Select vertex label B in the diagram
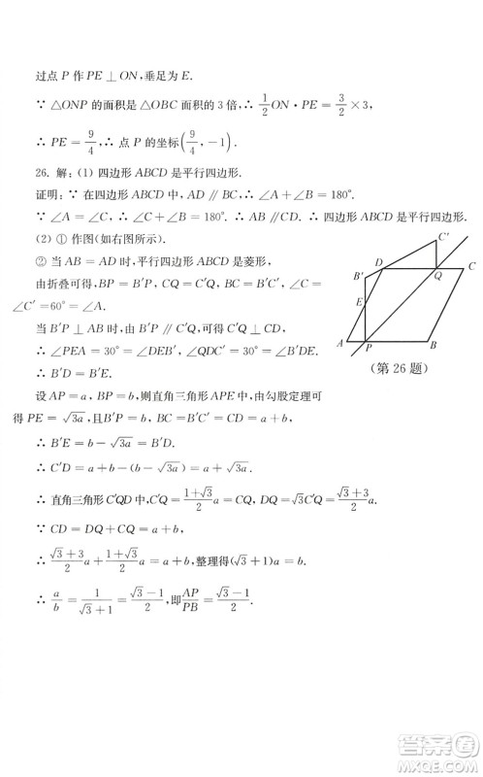click(433, 346)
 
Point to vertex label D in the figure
click(378, 262)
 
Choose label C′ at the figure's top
click(443, 236)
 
